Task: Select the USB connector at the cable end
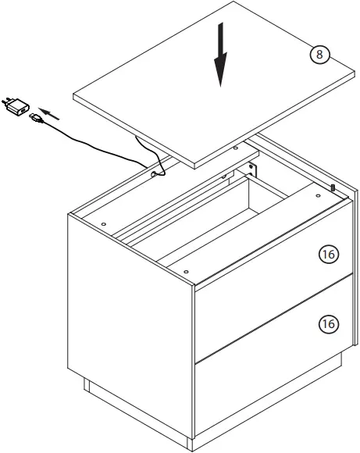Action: tap(36, 119)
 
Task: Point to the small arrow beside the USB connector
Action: tap(49, 113)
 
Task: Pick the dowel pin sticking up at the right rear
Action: tap(333, 187)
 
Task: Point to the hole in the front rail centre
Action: tap(185, 269)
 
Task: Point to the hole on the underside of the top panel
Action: tap(235, 146)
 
